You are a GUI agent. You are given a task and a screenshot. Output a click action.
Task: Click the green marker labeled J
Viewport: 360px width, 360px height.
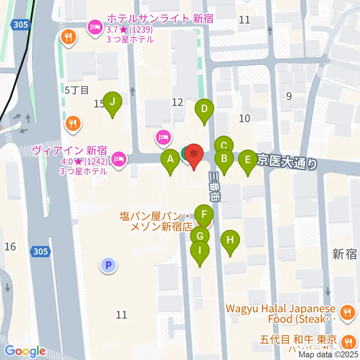point(112,101)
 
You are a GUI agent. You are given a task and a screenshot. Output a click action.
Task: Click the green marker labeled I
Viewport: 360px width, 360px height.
point(199,250)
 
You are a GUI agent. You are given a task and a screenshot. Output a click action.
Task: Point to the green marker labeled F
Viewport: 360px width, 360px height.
point(204,215)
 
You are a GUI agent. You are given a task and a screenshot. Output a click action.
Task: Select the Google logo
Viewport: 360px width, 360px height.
point(25,351)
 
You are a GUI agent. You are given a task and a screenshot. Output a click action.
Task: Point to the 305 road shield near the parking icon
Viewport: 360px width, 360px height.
point(40,251)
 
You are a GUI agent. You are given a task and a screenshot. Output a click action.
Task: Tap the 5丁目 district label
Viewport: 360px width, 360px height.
point(76,90)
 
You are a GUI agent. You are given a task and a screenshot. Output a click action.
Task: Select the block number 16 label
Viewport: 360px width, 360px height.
point(10,246)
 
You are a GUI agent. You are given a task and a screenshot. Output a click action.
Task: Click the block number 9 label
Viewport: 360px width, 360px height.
point(288,96)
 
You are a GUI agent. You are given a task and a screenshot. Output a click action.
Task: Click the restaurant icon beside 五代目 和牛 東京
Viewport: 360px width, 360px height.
point(347,341)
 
